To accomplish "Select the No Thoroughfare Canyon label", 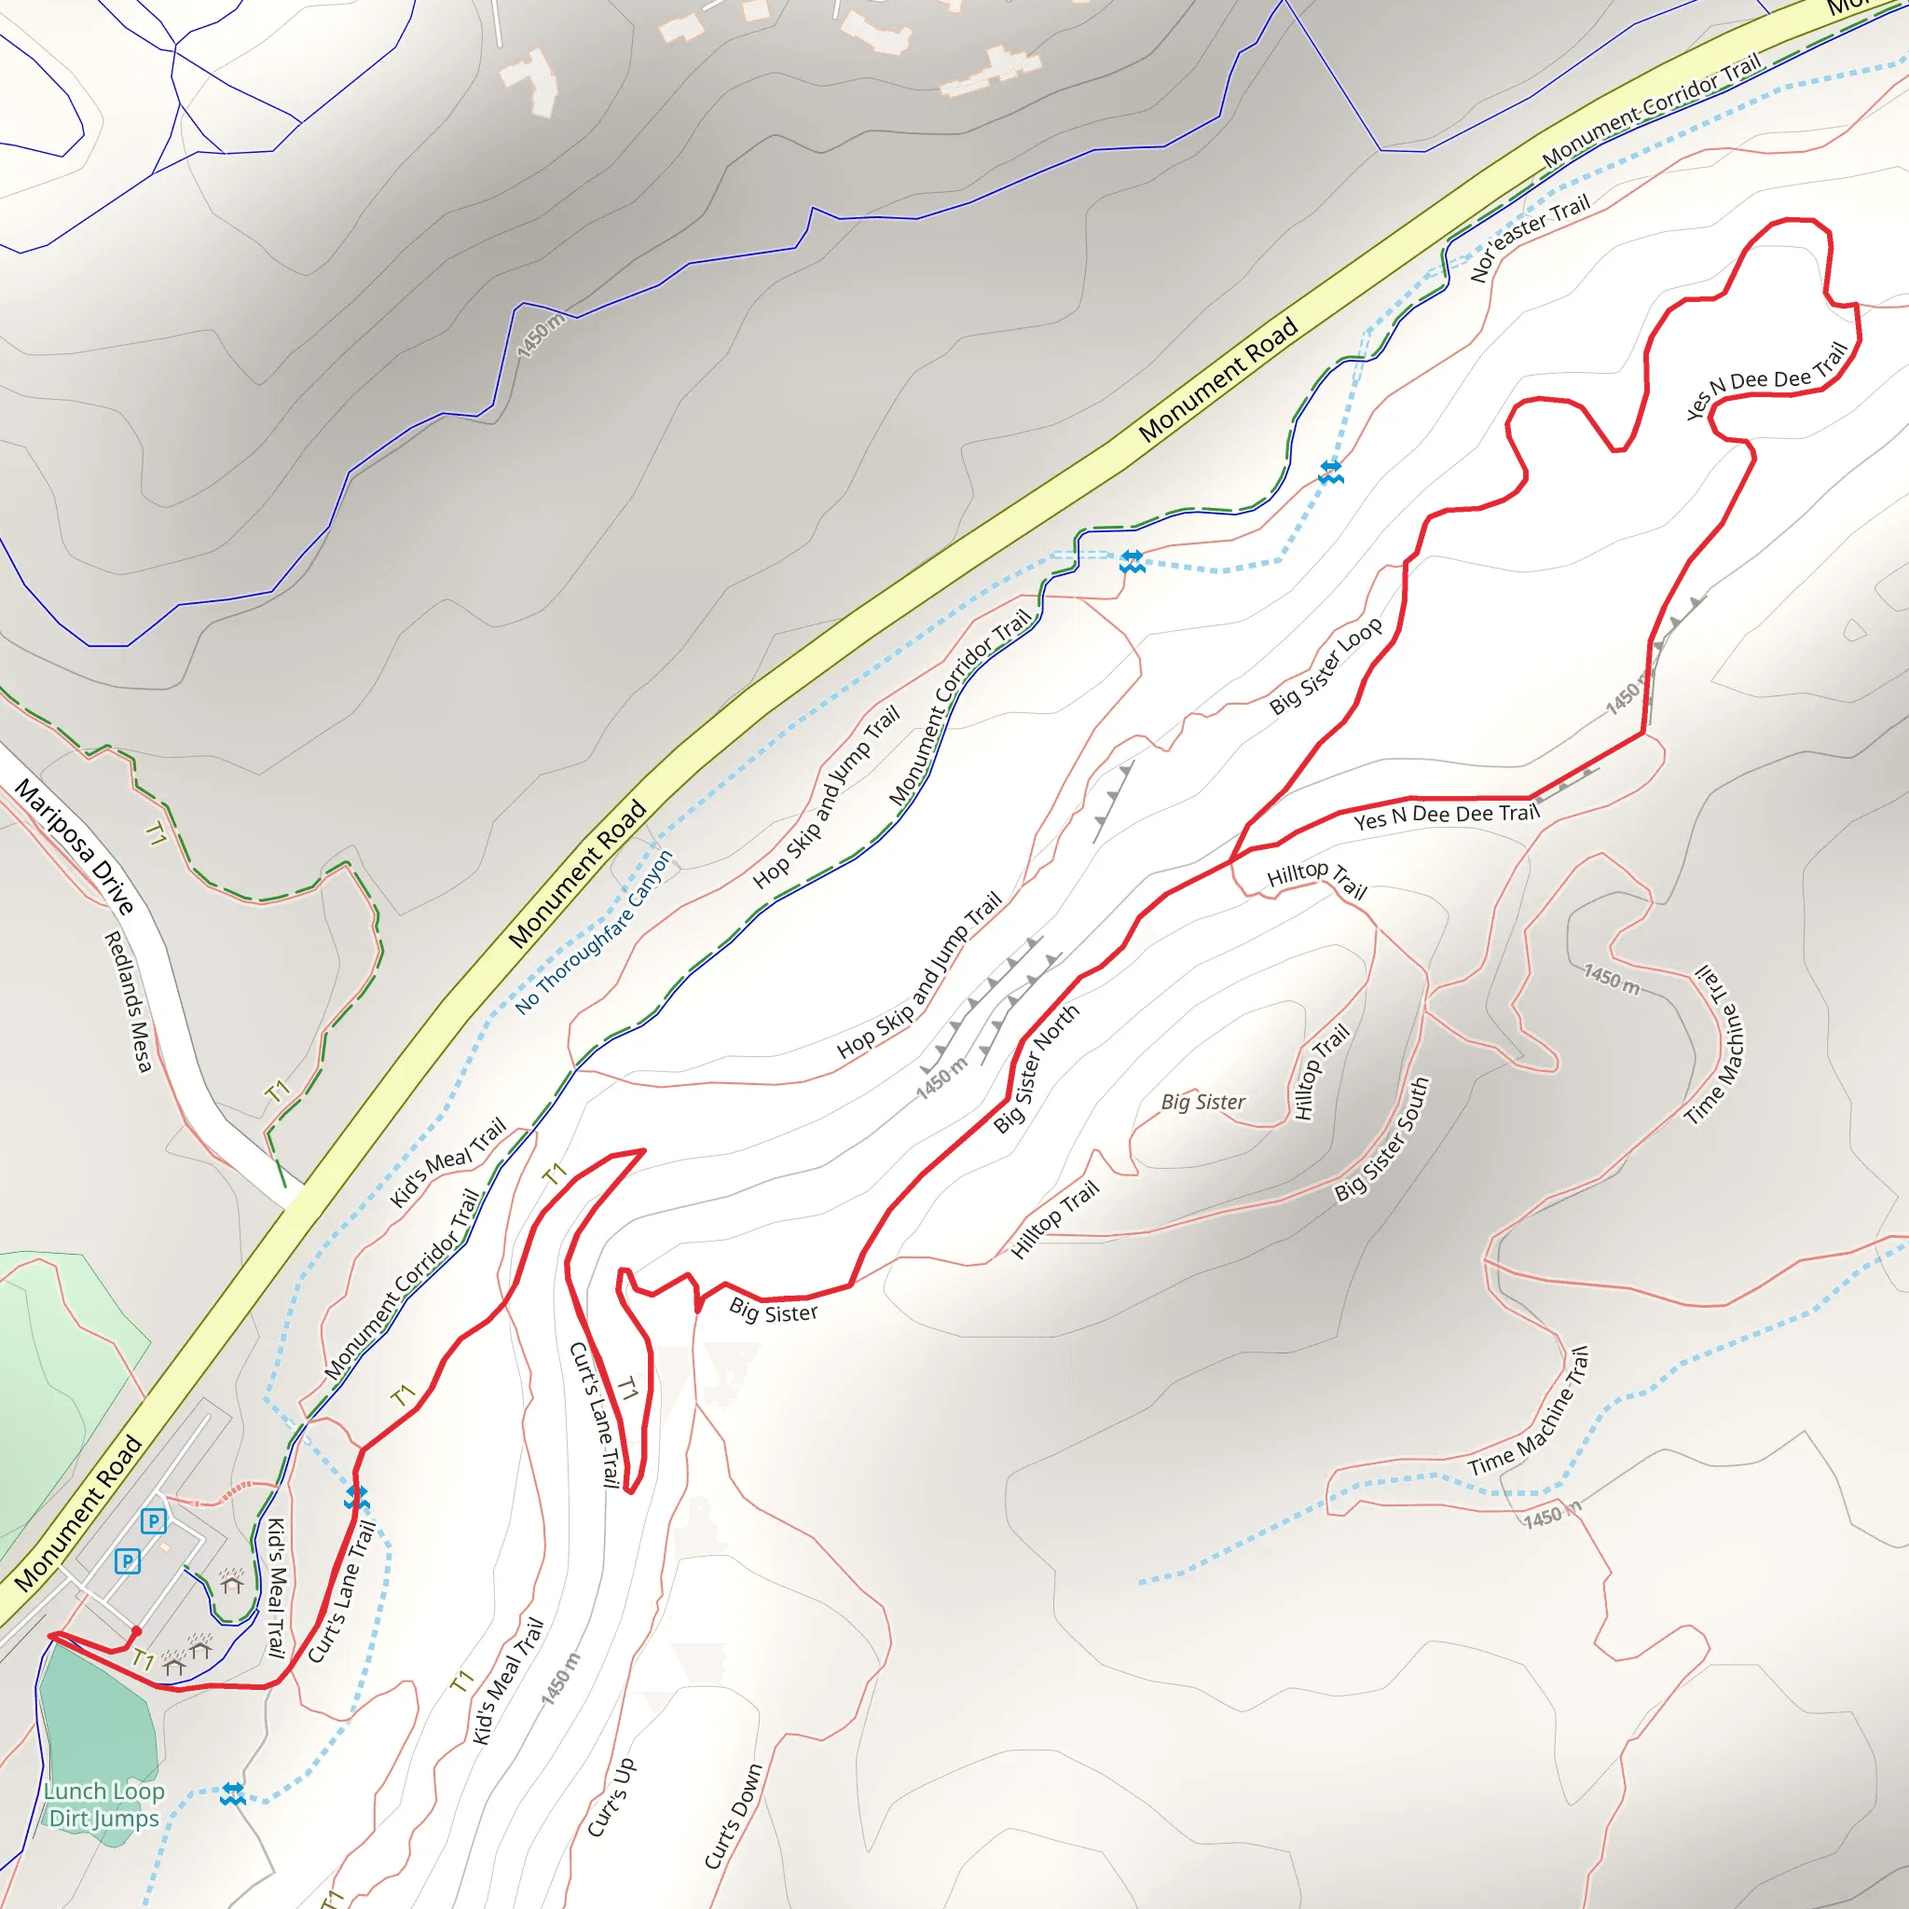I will coord(595,932).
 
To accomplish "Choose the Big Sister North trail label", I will coord(1037,1068).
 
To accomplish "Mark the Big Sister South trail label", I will coord(1382,1139).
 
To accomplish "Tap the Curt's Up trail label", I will coord(611,1797).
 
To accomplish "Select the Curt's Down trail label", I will coord(734,1816).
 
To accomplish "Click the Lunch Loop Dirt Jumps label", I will coord(103,1805).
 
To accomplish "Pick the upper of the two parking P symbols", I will coord(153,1520).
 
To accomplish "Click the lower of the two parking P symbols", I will coord(128,1561).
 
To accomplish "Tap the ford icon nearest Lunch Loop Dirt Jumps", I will coord(233,1793).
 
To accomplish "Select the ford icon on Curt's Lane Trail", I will coord(357,1498).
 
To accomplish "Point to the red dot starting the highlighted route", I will coord(136,1630).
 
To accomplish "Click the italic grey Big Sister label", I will coord(1202,1102).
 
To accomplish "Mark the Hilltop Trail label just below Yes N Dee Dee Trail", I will coord(1317,878).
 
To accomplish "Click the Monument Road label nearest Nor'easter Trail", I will coord(1217,379).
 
